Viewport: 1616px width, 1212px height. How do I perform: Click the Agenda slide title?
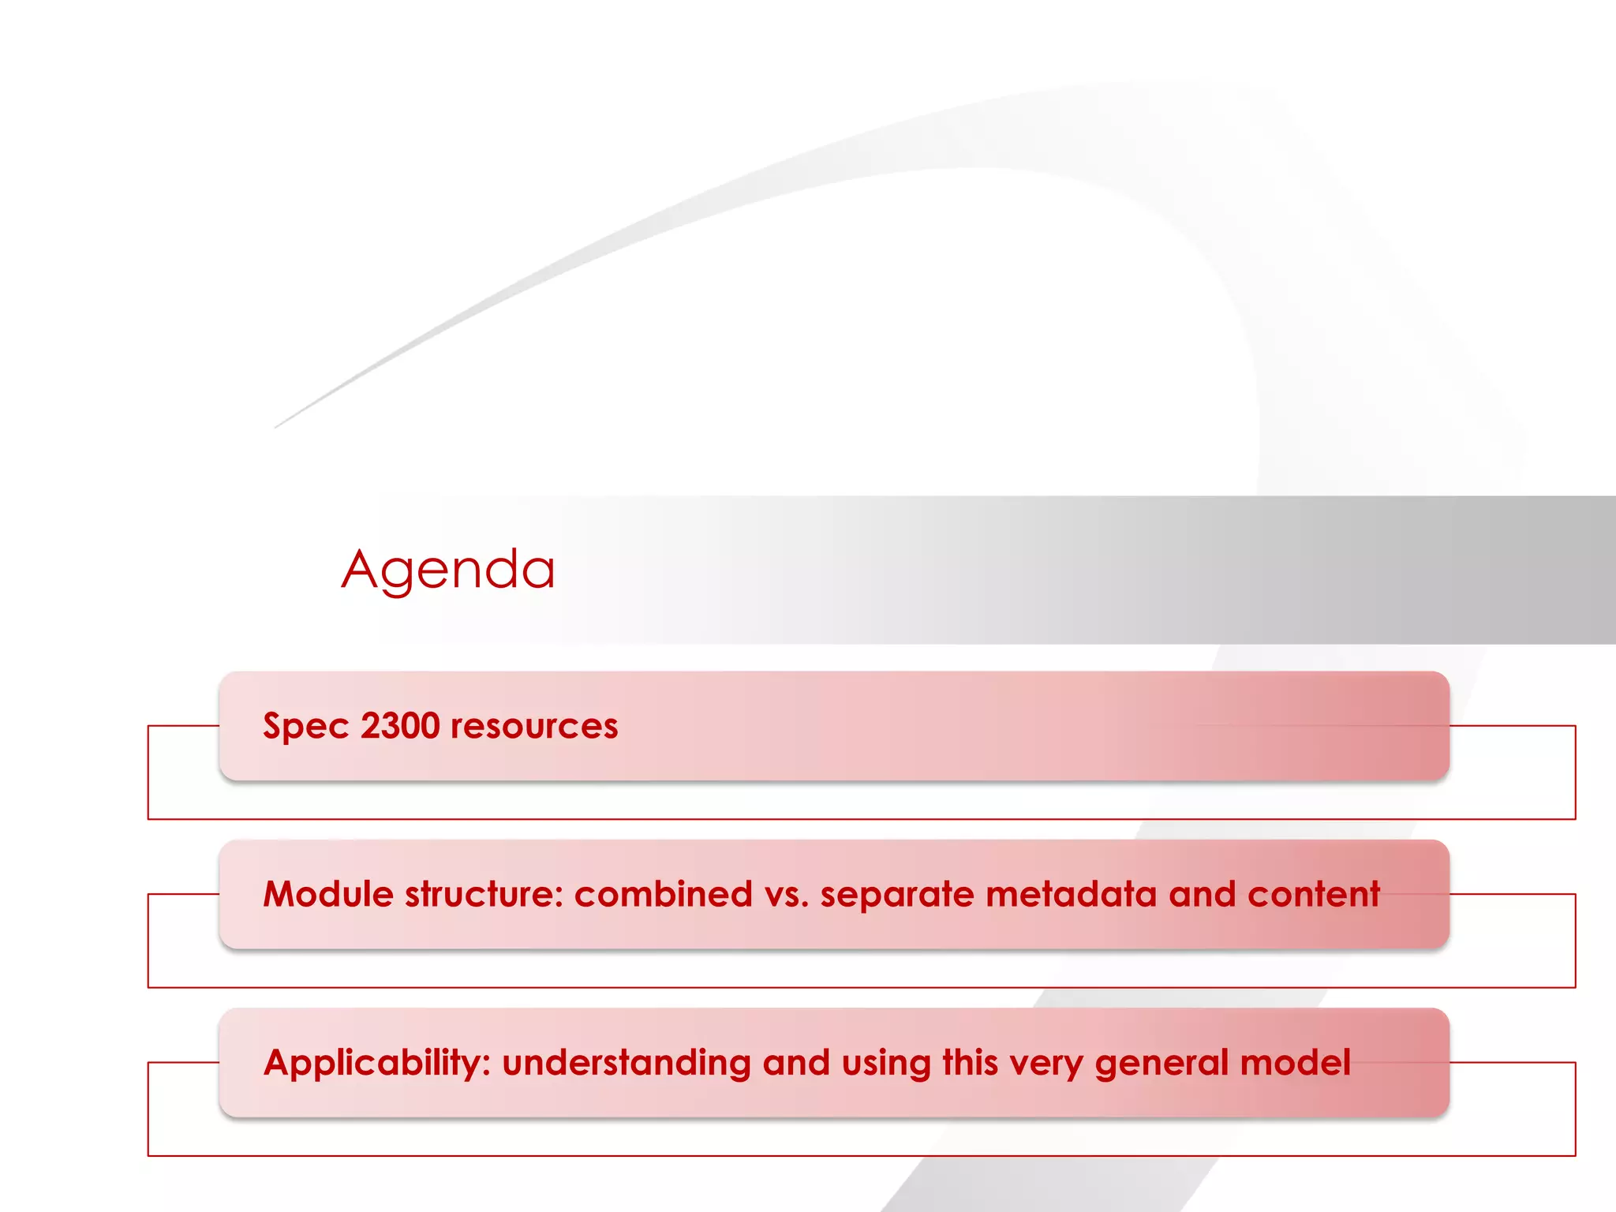point(448,570)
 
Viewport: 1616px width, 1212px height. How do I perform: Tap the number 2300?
point(400,726)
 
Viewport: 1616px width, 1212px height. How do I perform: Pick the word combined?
point(663,895)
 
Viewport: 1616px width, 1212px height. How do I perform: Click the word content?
point(1314,895)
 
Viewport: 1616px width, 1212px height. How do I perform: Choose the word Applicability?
point(377,1064)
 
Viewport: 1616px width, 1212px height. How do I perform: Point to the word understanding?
point(626,1064)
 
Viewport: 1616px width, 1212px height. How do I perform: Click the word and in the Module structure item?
point(1202,895)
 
